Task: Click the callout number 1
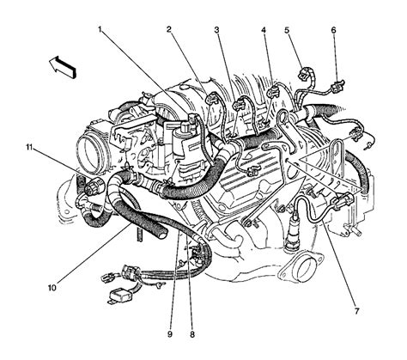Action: click(100, 32)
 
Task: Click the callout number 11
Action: click(29, 149)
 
